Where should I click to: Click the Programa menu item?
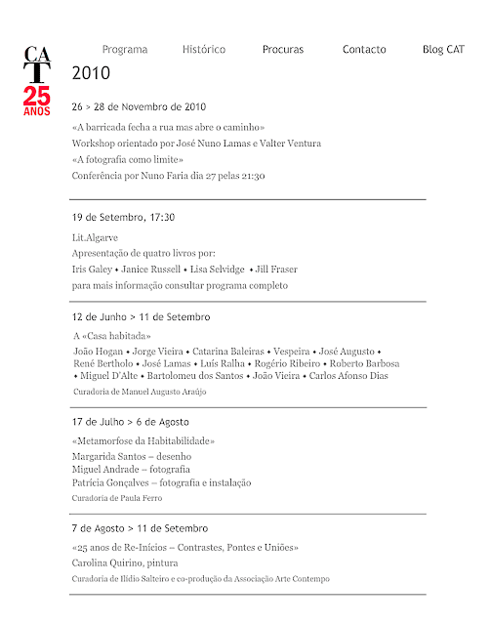(125, 49)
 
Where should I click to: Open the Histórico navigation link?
(204, 49)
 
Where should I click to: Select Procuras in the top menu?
(283, 49)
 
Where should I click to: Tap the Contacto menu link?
(364, 49)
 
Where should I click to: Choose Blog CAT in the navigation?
(443, 49)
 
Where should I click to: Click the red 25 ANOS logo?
(37, 100)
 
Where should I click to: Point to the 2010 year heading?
(91, 73)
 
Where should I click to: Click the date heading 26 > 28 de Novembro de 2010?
(140, 105)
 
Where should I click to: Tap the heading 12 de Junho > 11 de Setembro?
(141, 317)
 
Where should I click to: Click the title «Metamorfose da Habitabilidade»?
(143, 441)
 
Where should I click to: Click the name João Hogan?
(99, 351)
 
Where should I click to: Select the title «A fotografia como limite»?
(128, 159)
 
